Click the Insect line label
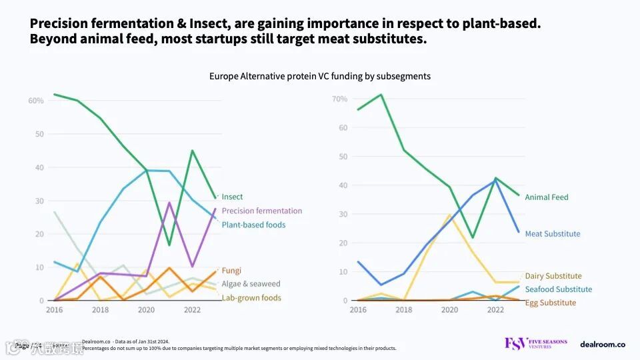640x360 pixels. pos(232,197)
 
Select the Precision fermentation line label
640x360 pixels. pos(261,211)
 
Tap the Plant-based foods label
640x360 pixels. pos(253,225)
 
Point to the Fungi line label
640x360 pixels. pos(231,271)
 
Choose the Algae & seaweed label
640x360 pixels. pos(251,284)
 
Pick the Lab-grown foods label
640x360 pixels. pos(251,298)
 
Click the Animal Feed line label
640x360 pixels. pos(547,197)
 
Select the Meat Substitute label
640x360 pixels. pos(553,234)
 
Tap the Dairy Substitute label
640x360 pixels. pos(553,276)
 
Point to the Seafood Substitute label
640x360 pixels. pos(558,289)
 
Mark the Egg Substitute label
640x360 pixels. pos(551,303)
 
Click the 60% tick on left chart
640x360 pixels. pos(36,101)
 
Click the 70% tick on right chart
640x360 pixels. pos(339,99)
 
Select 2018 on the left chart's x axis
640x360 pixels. pos(101,310)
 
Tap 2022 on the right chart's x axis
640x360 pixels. pos(495,310)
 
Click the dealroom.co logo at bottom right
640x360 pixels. pos(603,344)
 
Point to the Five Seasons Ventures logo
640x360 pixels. pos(536,344)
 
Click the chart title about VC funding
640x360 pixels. pos(320,76)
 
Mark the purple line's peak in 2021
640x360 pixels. pos(169,202)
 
